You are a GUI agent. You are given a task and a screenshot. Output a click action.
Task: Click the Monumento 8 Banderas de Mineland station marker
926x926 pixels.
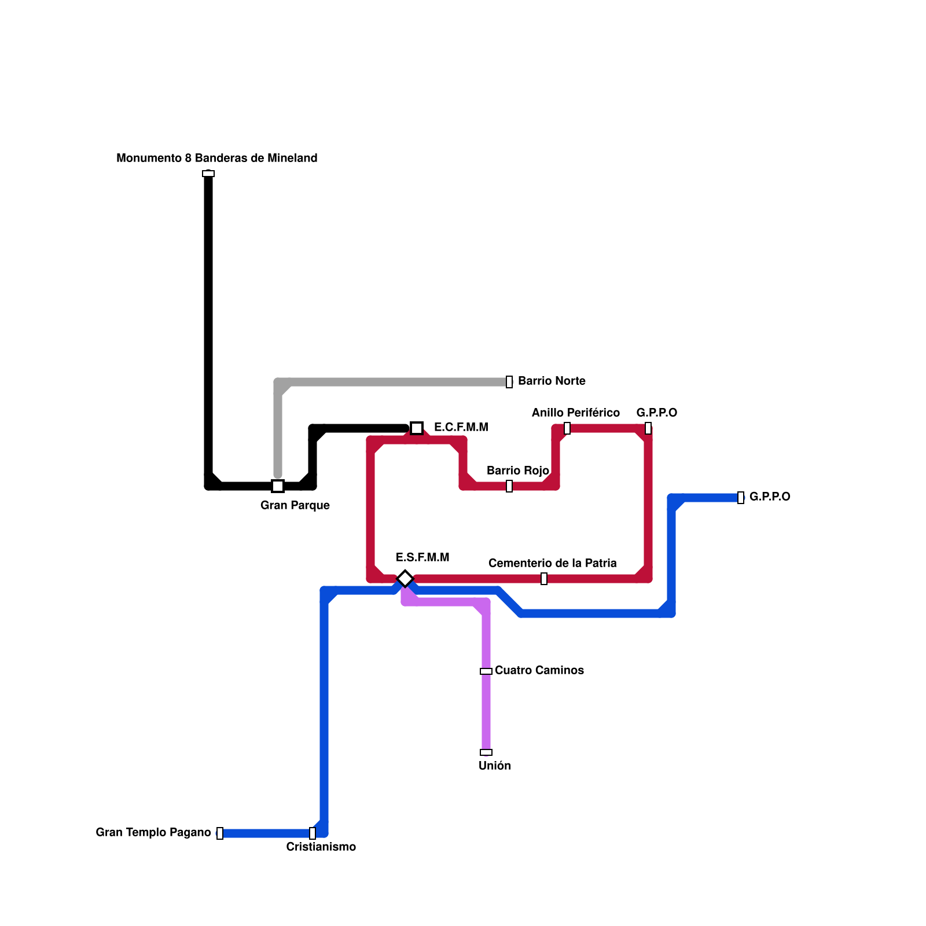[208, 174]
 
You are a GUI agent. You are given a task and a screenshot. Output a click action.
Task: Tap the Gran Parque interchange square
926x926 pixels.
[278, 486]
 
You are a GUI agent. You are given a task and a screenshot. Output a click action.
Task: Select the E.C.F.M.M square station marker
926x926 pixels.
[417, 428]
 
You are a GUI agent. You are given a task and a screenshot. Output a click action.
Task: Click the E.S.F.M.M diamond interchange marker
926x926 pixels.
[405, 578]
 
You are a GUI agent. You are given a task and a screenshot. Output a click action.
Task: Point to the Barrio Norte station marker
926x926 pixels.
[509, 382]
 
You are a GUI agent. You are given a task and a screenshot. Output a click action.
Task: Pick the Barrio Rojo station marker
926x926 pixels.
[509, 486]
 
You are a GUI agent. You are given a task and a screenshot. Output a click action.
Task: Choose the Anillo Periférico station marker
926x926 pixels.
[567, 428]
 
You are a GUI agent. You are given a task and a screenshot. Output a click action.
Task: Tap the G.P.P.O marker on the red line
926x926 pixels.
[648, 428]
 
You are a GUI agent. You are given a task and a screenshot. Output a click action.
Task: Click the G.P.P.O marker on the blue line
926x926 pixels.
[741, 498]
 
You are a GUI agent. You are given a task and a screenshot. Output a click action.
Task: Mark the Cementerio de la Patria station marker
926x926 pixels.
[544, 579]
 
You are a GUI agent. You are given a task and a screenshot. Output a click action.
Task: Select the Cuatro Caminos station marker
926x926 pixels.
[486, 671]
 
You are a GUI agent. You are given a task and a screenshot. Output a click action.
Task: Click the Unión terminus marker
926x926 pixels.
[486, 752]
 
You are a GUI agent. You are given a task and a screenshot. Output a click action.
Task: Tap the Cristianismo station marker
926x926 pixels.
[313, 833]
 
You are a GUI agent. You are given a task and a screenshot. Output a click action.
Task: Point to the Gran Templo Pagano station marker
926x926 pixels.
[220, 833]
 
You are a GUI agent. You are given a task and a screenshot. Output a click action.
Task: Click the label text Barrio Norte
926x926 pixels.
[552, 381]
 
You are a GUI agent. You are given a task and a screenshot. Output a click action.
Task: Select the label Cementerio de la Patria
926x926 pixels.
[553, 563]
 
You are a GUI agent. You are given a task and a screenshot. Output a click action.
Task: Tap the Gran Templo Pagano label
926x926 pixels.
[153, 832]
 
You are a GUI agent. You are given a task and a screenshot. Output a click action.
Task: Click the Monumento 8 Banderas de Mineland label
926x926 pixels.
[217, 158]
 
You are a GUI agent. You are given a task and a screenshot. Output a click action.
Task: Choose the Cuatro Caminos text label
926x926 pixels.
[539, 670]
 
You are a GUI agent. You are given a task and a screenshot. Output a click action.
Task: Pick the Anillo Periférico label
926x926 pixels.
[576, 413]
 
